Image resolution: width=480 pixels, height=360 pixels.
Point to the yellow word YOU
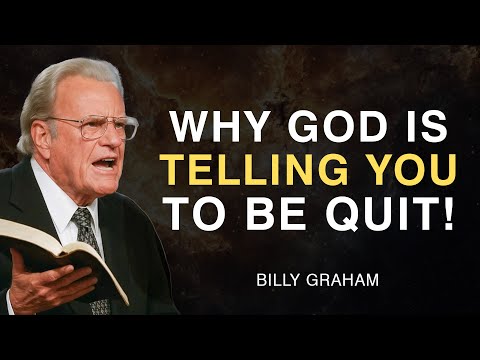coord(405,172)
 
